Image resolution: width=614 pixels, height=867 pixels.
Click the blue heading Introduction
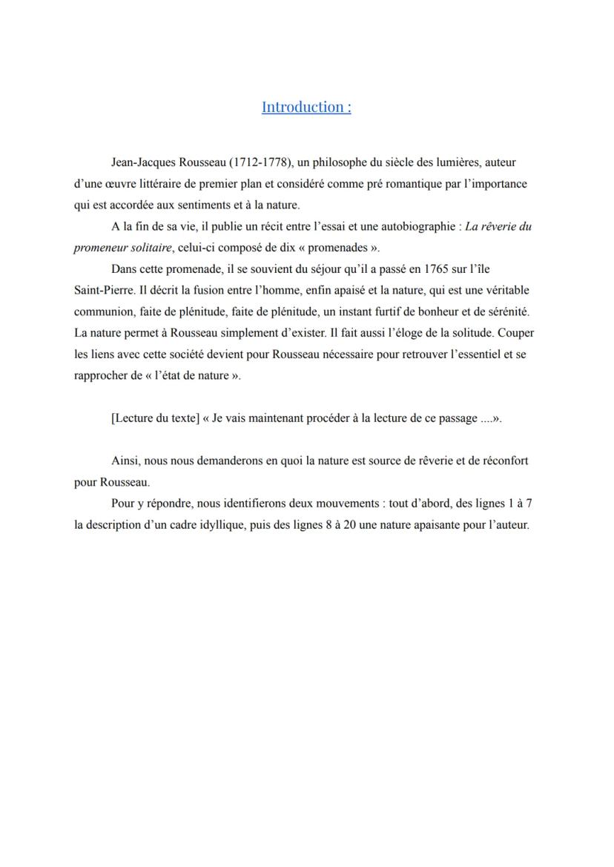click(x=306, y=107)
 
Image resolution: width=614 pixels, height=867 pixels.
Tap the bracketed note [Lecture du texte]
click(x=155, y=418)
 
